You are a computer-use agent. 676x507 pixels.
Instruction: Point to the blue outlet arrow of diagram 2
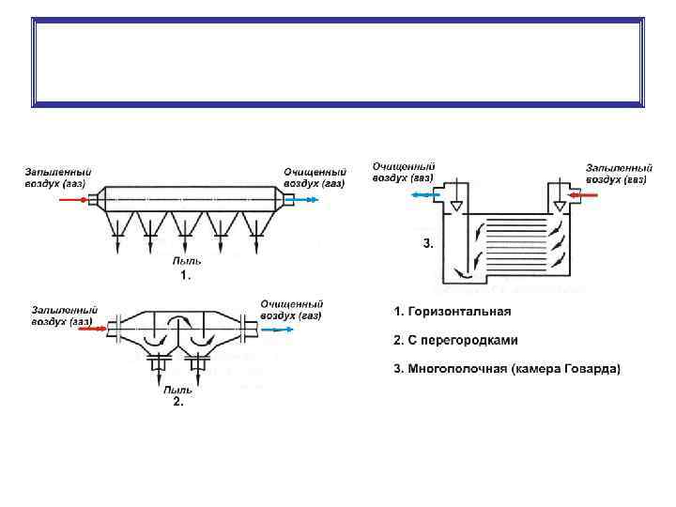tap(278, 330)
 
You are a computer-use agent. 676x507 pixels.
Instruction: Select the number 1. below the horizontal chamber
tap(185, 276)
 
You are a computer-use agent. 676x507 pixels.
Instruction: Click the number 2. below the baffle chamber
tap(177, 402)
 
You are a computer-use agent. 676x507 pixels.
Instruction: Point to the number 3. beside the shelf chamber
tap(428, 243)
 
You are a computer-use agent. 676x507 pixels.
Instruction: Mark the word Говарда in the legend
tap(593, 369)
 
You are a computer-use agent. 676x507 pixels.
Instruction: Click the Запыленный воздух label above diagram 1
tap(58, 177)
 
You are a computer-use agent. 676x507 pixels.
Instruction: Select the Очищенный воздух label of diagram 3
tap(403, 171)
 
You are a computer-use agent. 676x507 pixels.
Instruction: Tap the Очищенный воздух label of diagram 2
tap(291, 310)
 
